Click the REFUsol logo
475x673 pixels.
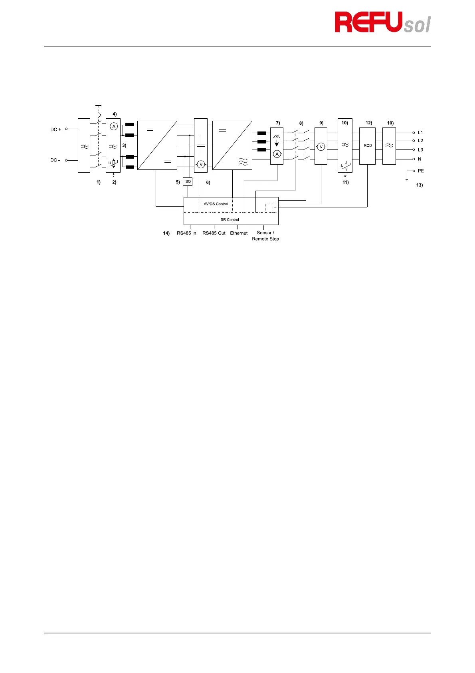[382, 22]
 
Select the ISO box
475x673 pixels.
[188, 182]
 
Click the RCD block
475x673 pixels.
[368, 146]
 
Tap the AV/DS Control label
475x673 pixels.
[216, 204]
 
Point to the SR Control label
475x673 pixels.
[230, 220]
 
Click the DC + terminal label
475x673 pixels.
[55, 129]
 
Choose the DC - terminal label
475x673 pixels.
[55, 160]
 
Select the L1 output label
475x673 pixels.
[420, 133]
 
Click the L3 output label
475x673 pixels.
[420, 150]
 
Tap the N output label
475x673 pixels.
[420, 159]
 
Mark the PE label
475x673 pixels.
[421, 171]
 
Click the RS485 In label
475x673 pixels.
[186, 233]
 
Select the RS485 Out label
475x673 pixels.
[214, 233]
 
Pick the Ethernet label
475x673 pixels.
[239, 233]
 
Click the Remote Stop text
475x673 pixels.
[265, 239]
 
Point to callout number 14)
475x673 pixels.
[166, 233]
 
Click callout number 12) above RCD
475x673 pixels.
[368, 123]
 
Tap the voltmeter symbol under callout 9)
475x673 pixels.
[321, 147]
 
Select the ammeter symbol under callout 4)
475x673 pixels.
[114, 127]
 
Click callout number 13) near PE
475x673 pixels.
[420, 185]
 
